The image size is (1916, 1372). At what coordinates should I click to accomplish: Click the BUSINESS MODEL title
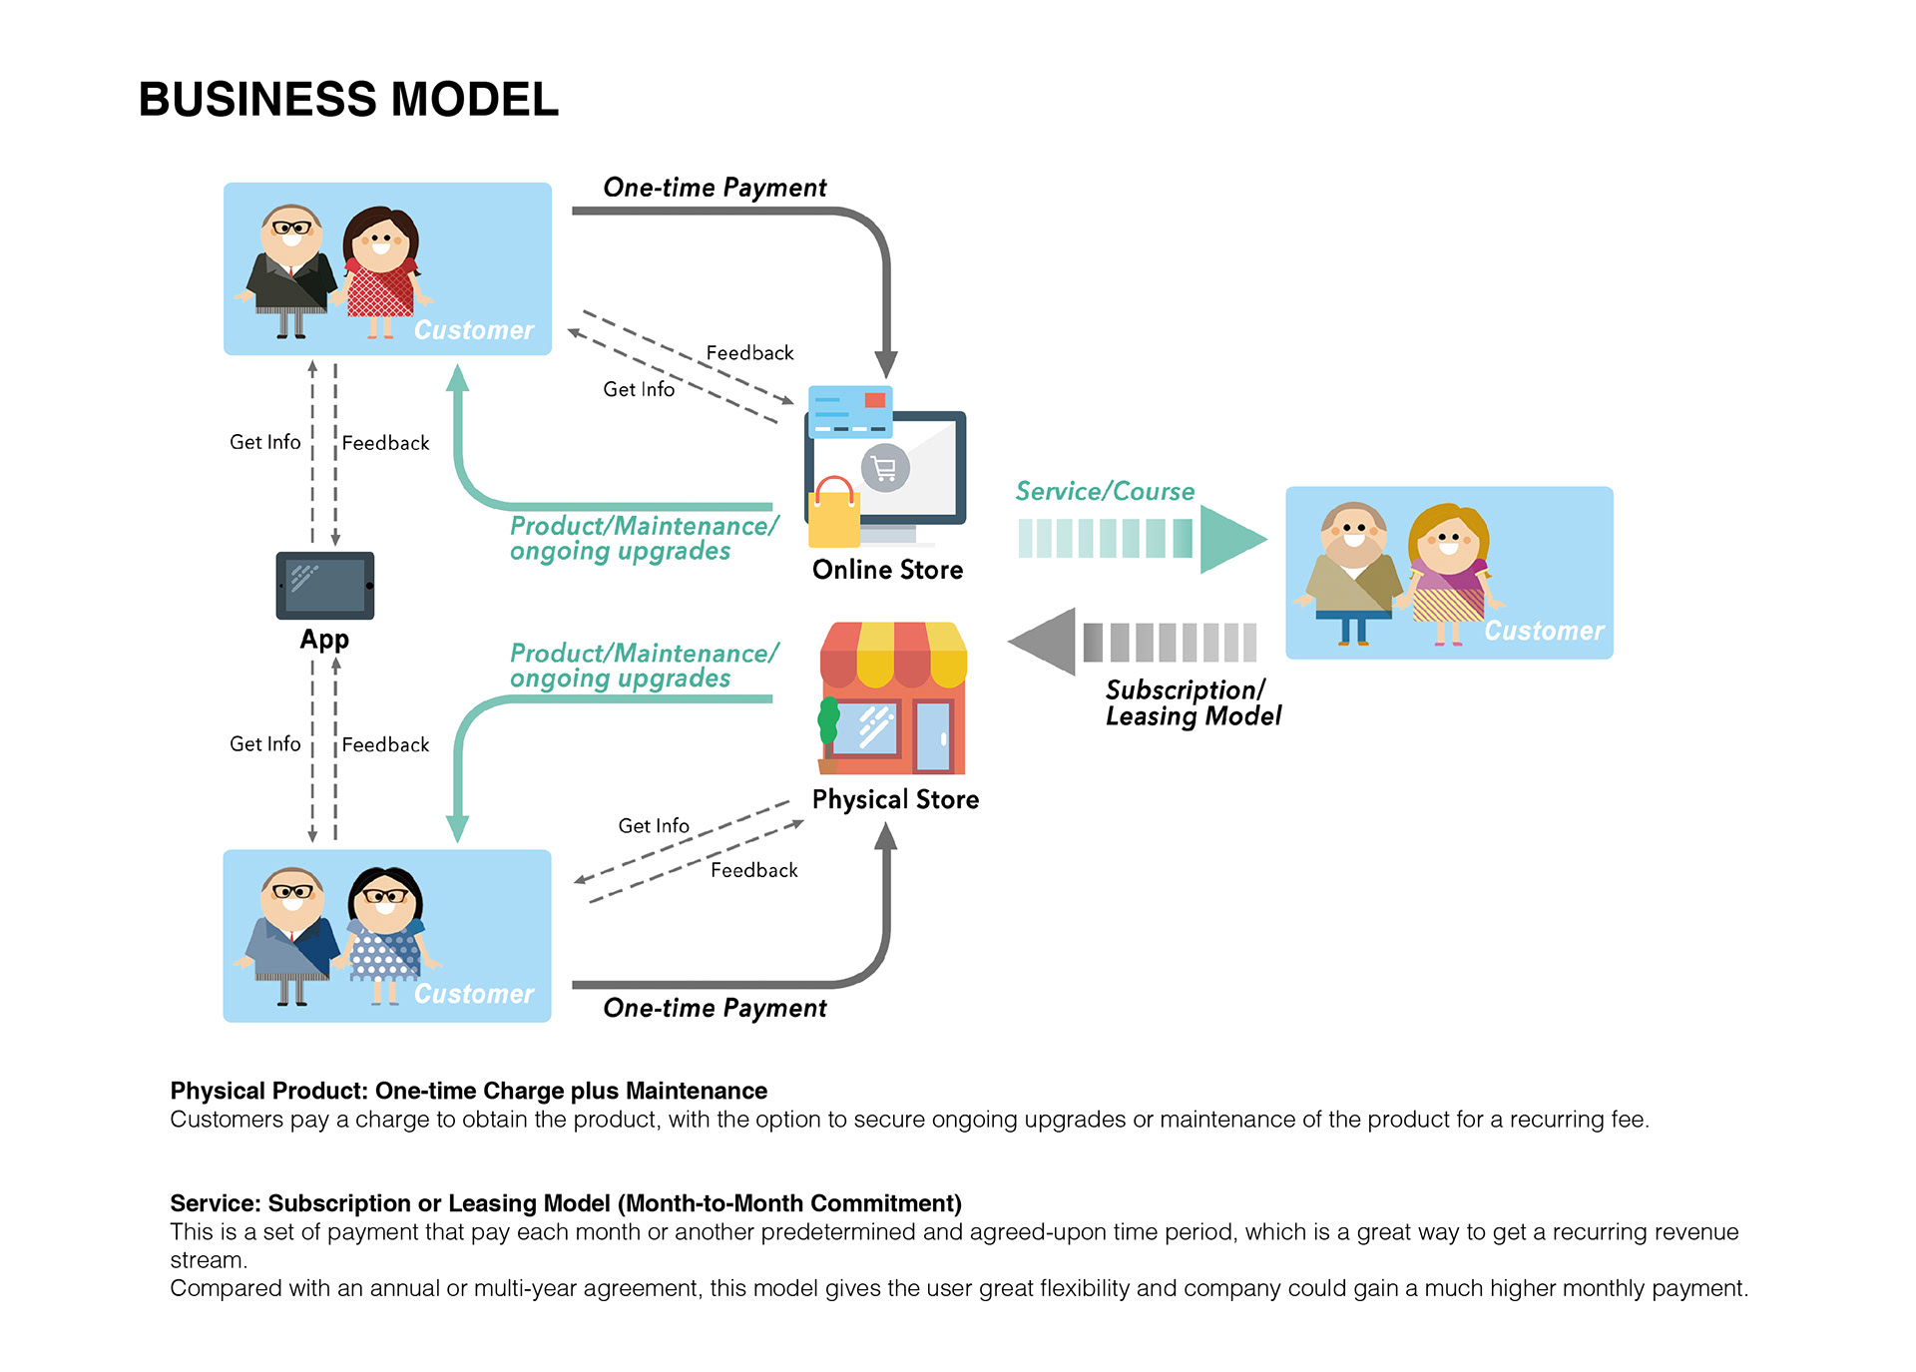pos(348,100)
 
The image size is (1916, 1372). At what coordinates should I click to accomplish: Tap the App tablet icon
pos(325,586)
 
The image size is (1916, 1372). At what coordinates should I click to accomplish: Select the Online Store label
pos(887,570)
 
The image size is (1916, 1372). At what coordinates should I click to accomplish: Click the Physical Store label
pos(895,799)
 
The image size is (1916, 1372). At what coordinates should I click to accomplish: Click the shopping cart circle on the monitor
pos(885,468)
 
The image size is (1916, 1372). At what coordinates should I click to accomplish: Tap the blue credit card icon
pos(849,412)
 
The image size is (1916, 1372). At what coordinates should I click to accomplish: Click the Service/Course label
pos(1105,491)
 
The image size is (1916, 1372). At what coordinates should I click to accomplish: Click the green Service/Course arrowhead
pos(1228,539)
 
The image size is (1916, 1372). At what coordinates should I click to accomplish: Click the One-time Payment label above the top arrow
pos(715,188)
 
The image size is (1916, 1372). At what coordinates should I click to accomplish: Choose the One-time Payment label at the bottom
pos(715,1008)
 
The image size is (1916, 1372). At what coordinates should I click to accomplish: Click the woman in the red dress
pos(381,269)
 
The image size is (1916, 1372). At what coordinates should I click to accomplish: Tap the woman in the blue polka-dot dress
pos(385,933)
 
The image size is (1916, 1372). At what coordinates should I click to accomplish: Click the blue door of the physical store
pos(934,736)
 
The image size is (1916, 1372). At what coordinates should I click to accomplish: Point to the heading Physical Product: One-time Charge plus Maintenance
pos(468,1091)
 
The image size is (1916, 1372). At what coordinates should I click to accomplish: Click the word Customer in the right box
pos(1544,631)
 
